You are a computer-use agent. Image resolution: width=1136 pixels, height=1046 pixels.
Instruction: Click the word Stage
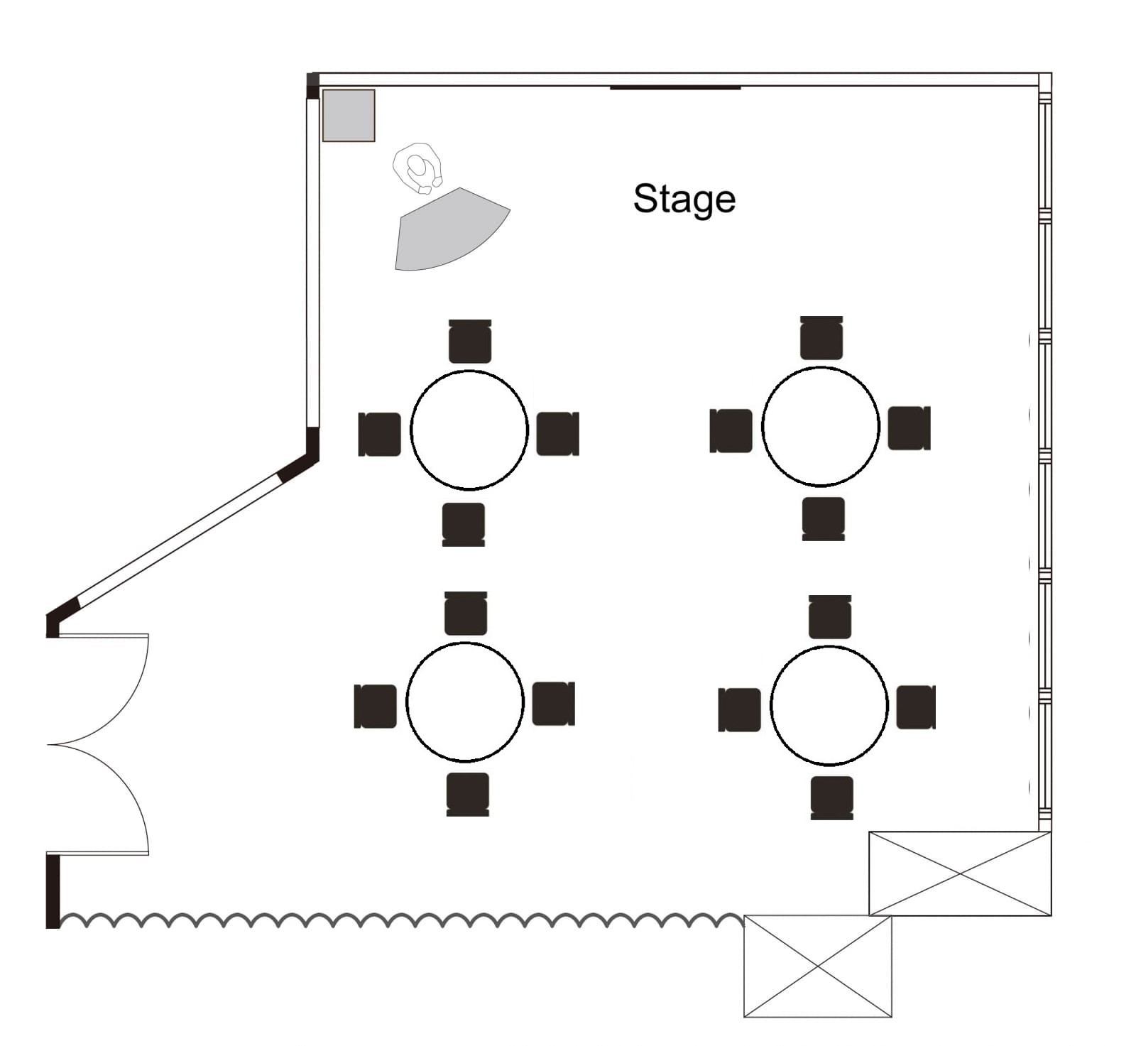(684, 199)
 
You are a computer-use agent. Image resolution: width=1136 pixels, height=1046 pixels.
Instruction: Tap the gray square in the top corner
(349, 116)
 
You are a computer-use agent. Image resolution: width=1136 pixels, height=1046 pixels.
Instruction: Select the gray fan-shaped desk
(447, 231)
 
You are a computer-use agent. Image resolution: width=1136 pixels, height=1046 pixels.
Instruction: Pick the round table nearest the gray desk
(469, 430)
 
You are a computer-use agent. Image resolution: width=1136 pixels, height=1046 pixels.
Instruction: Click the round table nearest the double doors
(465, 702)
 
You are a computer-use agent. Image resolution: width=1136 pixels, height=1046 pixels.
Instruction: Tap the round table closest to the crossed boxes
(829, 705)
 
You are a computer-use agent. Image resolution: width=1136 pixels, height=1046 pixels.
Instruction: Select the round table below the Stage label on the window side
(821, 426)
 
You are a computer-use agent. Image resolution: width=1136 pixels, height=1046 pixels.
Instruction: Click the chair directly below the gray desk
(470, 342)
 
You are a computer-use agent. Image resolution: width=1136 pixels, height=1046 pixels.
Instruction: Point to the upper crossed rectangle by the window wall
(960, 873)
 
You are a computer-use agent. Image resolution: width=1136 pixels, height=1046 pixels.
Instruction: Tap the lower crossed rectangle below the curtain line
(817, 966)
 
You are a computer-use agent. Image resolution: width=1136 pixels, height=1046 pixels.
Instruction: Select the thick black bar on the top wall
(675, 88)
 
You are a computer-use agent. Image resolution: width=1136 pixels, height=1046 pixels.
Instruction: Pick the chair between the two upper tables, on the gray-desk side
(557, 433)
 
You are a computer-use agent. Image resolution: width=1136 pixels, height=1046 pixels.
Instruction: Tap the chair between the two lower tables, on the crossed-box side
(739, 709)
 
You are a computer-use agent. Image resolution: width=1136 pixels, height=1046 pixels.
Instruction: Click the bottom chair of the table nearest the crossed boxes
(831, 797)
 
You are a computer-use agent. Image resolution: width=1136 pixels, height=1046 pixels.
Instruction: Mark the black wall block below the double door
(53, 890)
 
